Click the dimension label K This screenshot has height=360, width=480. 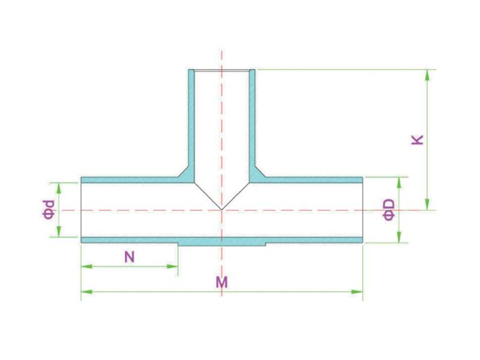[x=418, y=140]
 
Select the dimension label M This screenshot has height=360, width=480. [x=221, y=282]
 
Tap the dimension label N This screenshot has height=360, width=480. [x=130, y=257]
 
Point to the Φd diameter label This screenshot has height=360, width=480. [x=49, y=209]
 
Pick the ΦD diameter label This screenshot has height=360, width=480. [x=389, y=209]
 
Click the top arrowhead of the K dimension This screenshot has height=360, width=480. [x=427, y=75]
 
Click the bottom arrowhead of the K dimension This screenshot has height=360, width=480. [x=427, y=205]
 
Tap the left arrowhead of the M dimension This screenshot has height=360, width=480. [x=86, y=292]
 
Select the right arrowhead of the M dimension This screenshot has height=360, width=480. [x=357, y=292]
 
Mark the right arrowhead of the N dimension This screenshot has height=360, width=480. [x=172, y=266]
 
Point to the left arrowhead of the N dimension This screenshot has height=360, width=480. [x=86, y=266]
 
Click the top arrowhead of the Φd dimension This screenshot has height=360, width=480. [x=59, y=188]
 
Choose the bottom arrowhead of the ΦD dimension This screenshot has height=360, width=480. [x=399, y=237]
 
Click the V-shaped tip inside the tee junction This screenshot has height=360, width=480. [x=221, y=209]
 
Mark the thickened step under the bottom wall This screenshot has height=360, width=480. [x=221, y=244]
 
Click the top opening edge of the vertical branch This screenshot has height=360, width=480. [x=221, y=71]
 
